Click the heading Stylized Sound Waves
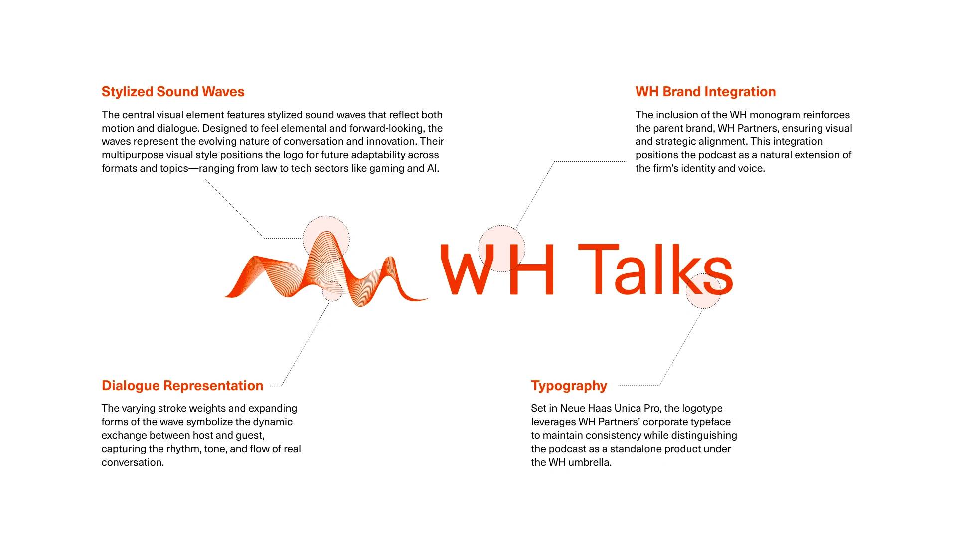click(x=173, y=92)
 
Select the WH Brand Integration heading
click(x=705, y=92)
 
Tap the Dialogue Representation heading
click(x=182, y=386)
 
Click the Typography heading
click(x=569, y=386)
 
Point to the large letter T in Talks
click(x=598, y=269)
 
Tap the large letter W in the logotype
click(x=467, y=269)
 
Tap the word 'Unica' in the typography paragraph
click(x=628, y=408)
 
